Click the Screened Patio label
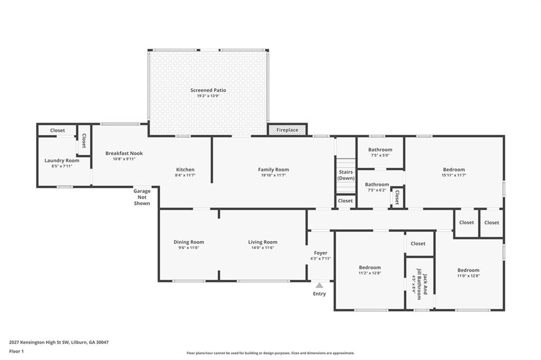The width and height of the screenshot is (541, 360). pos(208,90)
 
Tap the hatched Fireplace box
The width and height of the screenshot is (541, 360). pos(287,130)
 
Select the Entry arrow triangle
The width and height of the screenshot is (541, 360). pos(320,285)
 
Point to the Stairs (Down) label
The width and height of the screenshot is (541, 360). pos(346,175)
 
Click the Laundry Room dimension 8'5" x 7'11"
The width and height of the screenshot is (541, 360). pos(62,166)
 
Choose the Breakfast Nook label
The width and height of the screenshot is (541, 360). pos(124,153)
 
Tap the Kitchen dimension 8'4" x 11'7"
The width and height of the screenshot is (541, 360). pos(185,175)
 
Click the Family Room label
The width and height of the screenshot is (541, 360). pos(274,169)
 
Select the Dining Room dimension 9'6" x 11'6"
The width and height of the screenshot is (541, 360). pos(189,248)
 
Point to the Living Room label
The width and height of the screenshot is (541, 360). pos(263,242)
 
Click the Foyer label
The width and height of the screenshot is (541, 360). pos(321,253)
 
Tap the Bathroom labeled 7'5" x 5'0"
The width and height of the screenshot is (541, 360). pos(380,150)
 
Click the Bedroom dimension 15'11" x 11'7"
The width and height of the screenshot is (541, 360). pos(454,175)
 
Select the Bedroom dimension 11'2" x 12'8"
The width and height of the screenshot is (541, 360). pos(370,273)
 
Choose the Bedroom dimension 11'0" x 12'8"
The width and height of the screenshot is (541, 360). pos(469,276)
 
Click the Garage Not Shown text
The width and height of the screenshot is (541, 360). pos(142,197)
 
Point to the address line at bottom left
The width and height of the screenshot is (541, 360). pos(59,343)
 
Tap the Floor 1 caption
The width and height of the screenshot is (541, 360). pos(16,352)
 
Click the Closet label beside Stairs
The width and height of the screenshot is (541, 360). pos(346,201)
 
